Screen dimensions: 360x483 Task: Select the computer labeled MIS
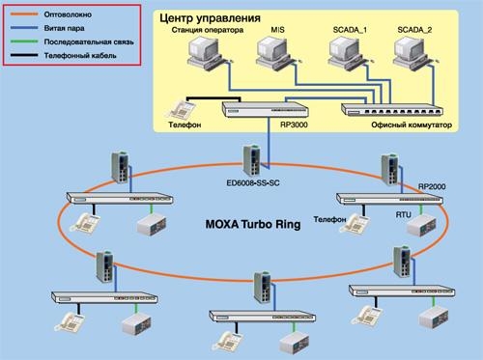pos(273,59)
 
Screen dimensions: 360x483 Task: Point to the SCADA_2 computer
pos(416,59)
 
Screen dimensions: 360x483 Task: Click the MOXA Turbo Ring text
pos(251,224)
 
